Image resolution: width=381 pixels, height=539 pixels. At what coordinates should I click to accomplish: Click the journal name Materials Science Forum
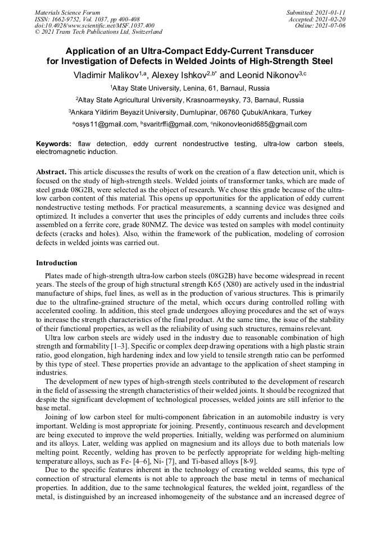point(67,12)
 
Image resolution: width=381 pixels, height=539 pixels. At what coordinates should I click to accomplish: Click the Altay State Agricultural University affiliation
point(190,99)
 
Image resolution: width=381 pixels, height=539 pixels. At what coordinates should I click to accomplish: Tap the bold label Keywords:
point(55,144)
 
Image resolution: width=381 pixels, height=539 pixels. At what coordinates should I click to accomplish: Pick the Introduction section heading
point(57,263)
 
